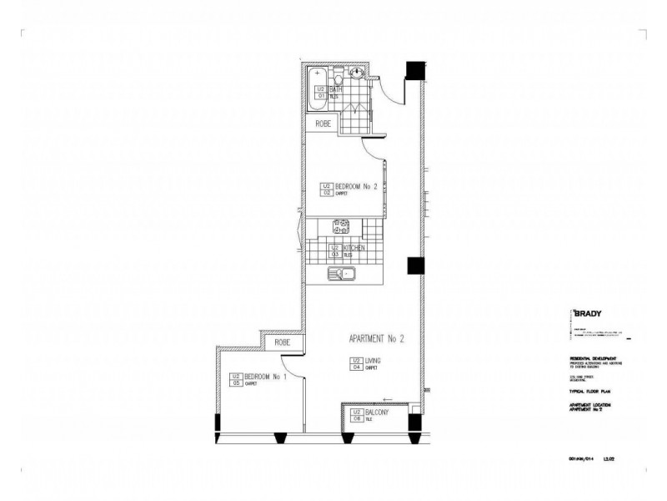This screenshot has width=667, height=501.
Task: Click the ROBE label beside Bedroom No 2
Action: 323,124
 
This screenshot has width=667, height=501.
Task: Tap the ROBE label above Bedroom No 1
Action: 283,342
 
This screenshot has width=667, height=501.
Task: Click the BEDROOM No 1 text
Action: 264,377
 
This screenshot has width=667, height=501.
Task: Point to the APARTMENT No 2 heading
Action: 376,339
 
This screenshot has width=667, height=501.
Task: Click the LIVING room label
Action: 373,361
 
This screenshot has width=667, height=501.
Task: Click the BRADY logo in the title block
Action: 586,315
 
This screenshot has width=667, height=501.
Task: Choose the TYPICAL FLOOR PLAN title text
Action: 588,391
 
